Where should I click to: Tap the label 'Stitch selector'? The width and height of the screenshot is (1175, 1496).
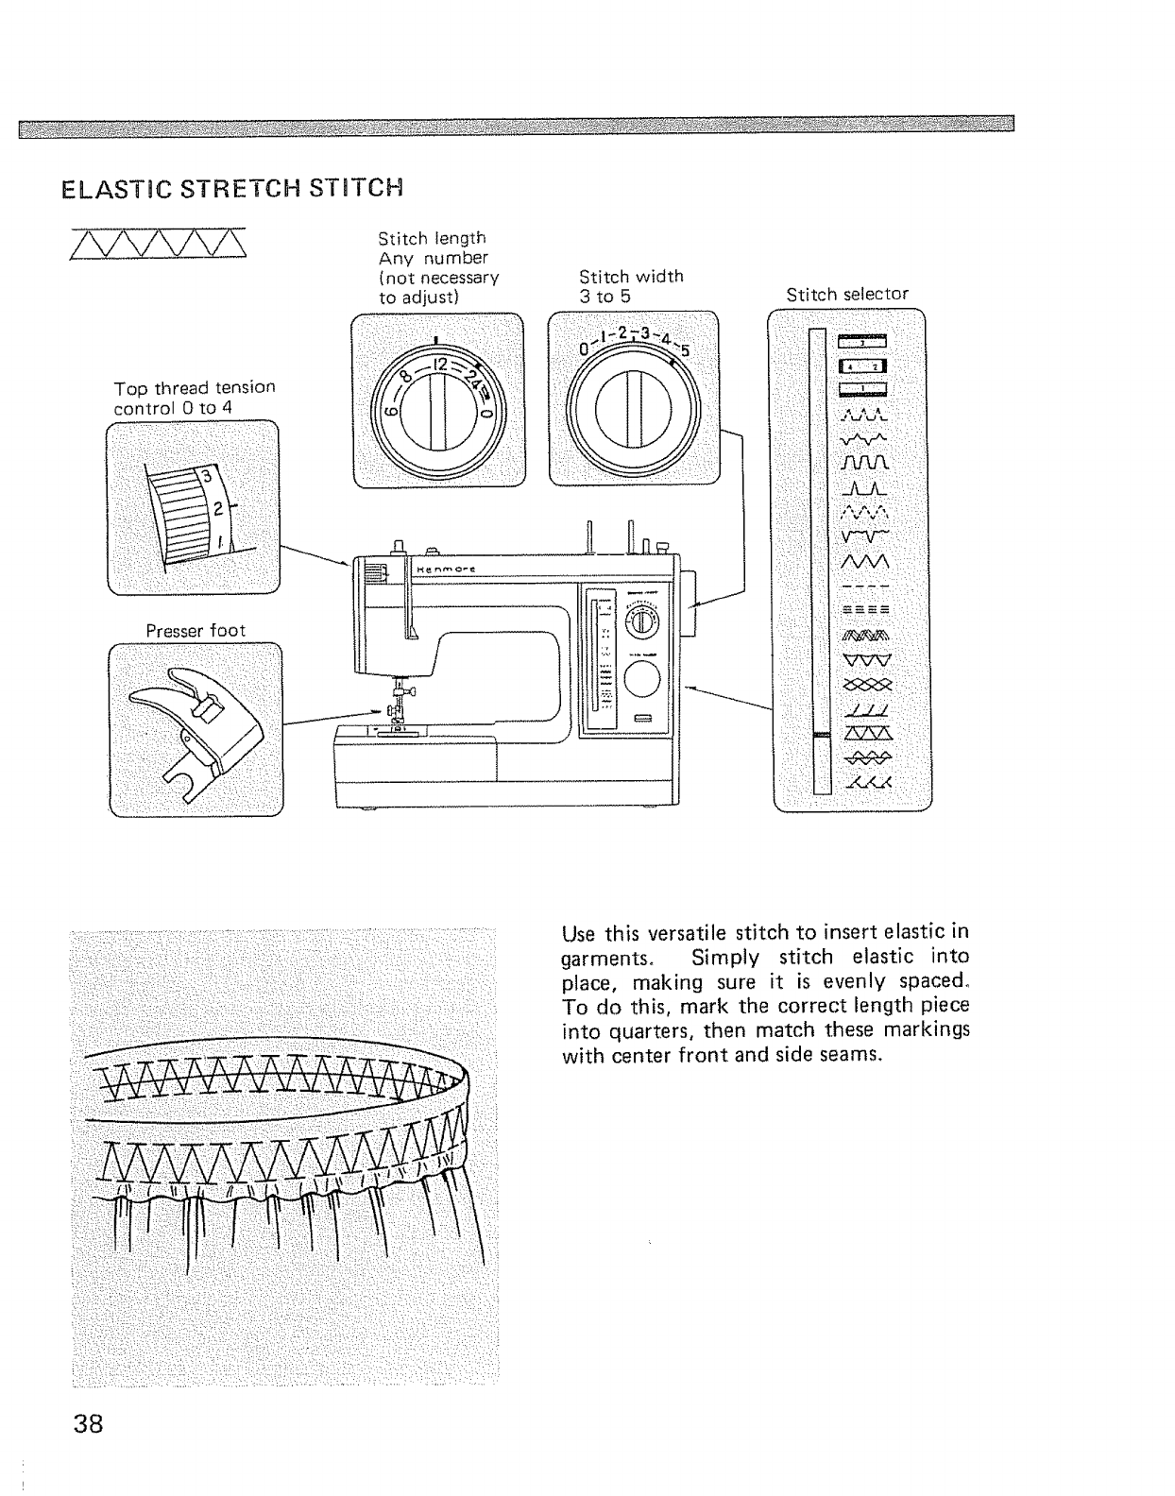847,294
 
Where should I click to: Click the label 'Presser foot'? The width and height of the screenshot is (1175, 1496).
196,630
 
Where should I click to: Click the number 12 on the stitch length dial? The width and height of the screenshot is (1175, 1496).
439,365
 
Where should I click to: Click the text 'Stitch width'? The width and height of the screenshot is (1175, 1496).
631,276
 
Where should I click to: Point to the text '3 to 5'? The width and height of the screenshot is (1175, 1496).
605,296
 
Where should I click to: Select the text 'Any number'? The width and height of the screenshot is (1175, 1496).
433,258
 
